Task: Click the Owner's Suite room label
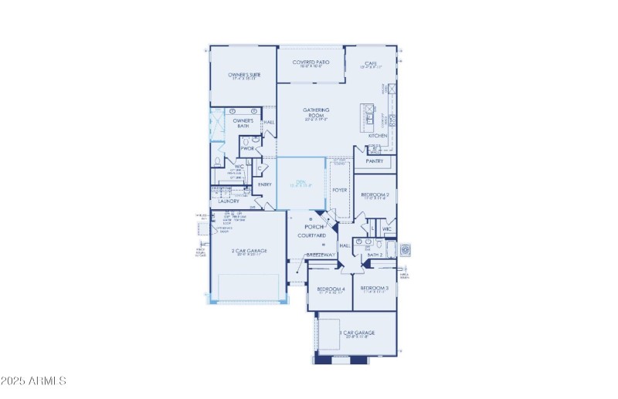tap(243, 75)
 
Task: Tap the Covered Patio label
tap(311, 62)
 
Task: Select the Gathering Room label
tap(316, 113)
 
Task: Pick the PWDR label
tap(246, 148)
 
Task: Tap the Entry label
tap(264, 184)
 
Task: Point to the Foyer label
tap(339, 189)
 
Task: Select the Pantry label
tap(375, 161)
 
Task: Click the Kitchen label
tap(378, 136)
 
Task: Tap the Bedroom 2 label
tap(375, 194)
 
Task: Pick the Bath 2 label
tap(375, 254)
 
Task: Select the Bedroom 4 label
tap(330, 289)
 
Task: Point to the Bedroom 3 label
tap(375, 288)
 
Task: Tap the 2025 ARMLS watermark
tap(34, 380)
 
